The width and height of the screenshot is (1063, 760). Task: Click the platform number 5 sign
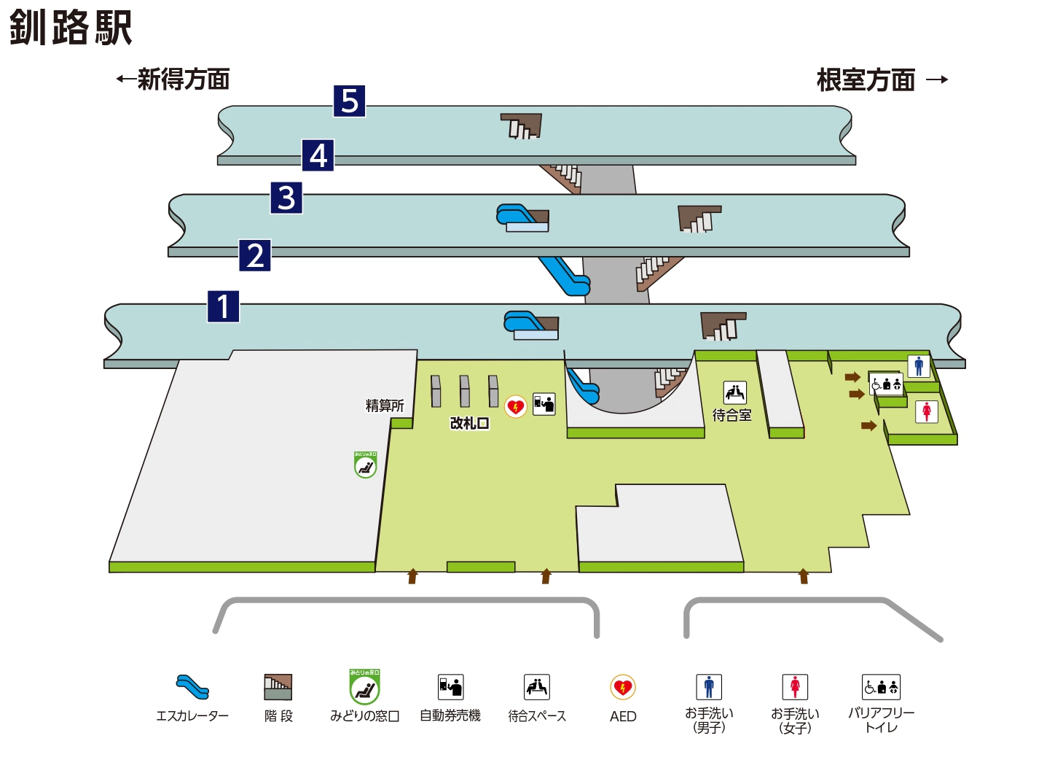pyautogui.click(x=349, y=101)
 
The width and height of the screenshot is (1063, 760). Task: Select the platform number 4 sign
pyautogui.click(x=318, y=155)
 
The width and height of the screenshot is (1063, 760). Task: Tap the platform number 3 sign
pyautogui.click(x=286, y=198)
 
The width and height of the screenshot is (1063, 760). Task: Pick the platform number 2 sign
pyautogui.click(x=255, y=255)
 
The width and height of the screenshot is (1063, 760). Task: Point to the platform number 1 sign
pyautogui.click(x=223, y=306)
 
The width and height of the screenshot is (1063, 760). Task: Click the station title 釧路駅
pyautogui.click(x=71, y=28)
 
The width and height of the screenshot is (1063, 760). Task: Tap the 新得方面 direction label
pyautogui.click(x=174, y=79)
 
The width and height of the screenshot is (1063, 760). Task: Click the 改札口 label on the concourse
pyautogui.click(x=469, y=423)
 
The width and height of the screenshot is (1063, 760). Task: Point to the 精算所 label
pyautogui.click(x=385, y=406)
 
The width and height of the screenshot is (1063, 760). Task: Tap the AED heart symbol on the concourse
pyautogui.click(x=516, y=406)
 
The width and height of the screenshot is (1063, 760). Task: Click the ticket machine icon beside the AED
pyautogui.click(x=544, y=403)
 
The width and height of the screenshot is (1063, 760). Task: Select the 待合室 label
pyautogui.click(x=732, y=415)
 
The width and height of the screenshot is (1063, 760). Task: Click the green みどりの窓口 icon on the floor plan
pyautogui.click(x=365, y=465)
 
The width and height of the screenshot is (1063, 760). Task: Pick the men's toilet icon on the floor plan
pyautogui.click(x=919, y=366)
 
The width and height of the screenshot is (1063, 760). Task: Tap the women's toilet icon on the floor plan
pyautogui.click(x=927, y=411)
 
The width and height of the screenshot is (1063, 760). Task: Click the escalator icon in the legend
pyautogui.click(x=192, y=687)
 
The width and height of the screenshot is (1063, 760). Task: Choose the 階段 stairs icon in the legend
pyautogui.click(x=278, y=687)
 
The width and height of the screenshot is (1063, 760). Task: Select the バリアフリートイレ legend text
pyautogui.click(x=881, y=720)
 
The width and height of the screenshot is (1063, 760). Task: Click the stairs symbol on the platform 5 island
pyautogui.click(x=521, y=126)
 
